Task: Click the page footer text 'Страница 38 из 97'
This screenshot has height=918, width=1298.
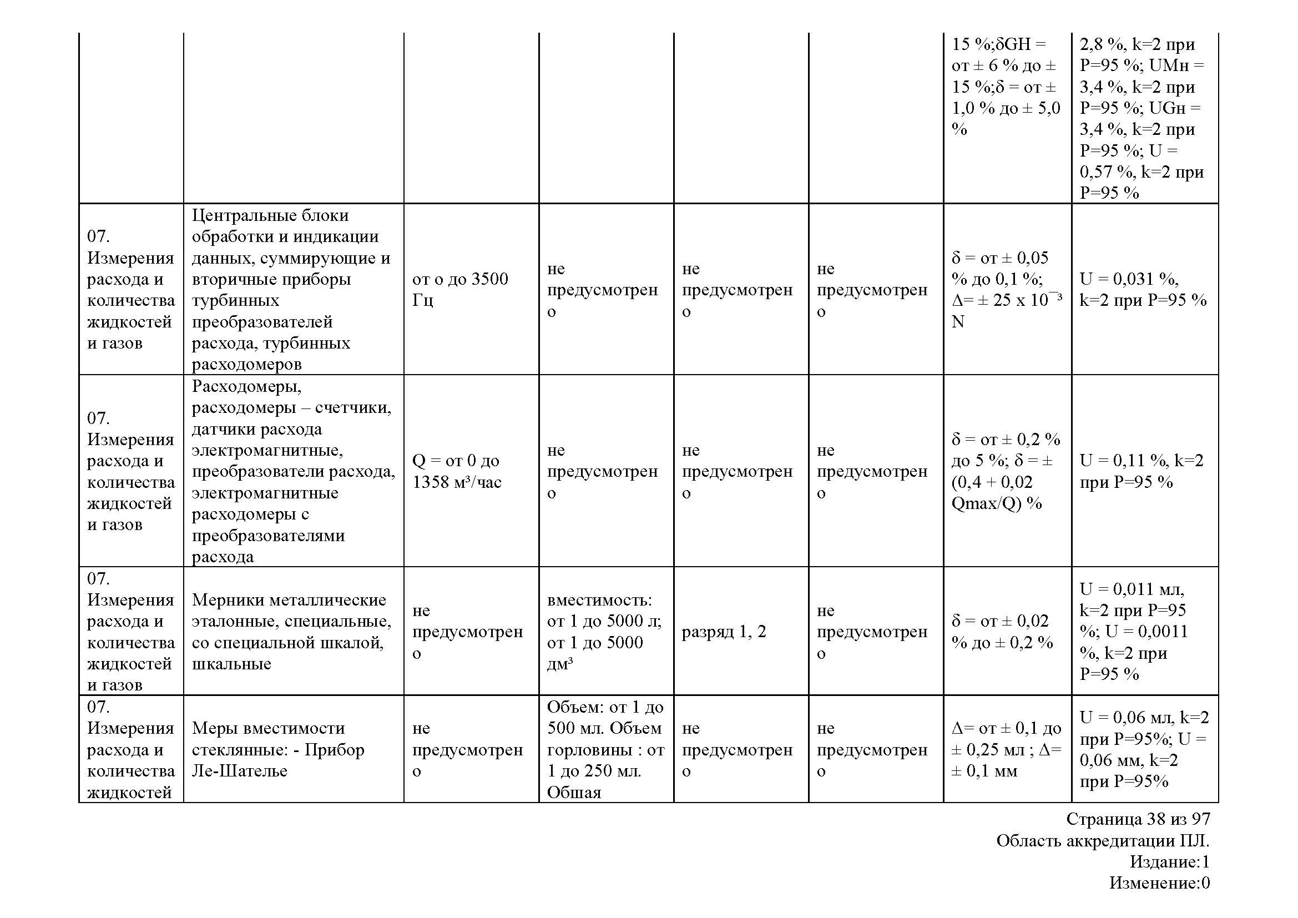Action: [1138, 819]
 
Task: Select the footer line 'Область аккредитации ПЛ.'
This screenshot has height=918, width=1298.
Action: [1103, 840]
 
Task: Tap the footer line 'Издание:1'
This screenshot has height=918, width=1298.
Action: [1169, 861]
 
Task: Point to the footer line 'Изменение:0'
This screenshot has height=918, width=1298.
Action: [1159, 882]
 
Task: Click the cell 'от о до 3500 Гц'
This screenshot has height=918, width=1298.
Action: [459, 289]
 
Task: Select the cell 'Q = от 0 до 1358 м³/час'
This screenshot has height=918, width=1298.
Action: [456, 471]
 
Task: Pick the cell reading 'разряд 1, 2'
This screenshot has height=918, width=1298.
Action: [724, 632]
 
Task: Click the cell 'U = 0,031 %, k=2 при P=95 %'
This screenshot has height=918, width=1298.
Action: [1143, 289]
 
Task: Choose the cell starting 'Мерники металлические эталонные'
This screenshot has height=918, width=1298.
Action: [291, 632]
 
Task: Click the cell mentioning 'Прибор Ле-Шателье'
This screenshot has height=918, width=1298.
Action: [277, 749]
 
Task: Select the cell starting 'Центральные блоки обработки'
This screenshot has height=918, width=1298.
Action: [291, 289]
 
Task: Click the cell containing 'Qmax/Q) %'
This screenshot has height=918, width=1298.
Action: [1006, 471]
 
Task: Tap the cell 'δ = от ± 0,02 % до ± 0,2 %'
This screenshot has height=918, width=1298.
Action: [1002, 632]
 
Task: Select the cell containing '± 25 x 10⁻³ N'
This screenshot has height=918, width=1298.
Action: [1006, 289]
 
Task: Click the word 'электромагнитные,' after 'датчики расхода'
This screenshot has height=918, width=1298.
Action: [267, 451]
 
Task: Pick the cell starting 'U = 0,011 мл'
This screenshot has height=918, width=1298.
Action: [1134, 632]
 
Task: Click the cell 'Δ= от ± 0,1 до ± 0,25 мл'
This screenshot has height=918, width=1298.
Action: [1006, 749]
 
